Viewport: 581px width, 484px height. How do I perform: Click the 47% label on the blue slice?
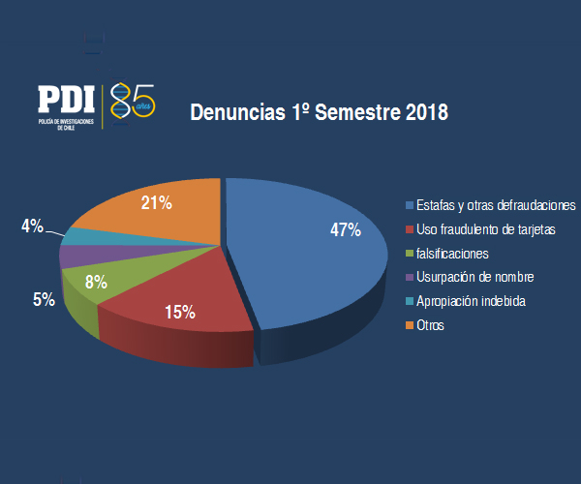pos(346,230)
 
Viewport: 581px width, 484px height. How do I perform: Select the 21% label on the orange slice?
pos(156,203)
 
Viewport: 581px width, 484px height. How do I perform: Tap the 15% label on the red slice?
pos(180,312)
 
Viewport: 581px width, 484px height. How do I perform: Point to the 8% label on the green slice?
pos(96,282)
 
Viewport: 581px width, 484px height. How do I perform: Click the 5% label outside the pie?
pos(44,299)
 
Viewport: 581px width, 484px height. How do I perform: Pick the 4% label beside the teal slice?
pos(32,226)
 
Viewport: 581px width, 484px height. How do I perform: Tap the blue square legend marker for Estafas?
pos(410,205)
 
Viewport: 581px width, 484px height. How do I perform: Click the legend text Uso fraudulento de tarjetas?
pos(486,229)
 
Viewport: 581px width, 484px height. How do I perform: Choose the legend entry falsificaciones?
pos(452,254)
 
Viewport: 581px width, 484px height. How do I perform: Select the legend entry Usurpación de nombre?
pos(475,277)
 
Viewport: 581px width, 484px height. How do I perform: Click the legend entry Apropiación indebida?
pos(471,301)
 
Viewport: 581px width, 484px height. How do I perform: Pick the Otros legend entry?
pos(430,325)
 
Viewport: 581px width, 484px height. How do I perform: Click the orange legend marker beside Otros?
pos(410,325)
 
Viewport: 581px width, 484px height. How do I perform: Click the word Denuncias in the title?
pos(238,112)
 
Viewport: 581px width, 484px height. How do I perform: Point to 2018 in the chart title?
pos(427,112)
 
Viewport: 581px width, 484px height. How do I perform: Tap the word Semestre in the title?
pos(357,112)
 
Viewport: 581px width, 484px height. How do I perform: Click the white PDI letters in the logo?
pos(66,99)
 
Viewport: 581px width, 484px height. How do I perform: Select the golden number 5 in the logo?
pos(142,100)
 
